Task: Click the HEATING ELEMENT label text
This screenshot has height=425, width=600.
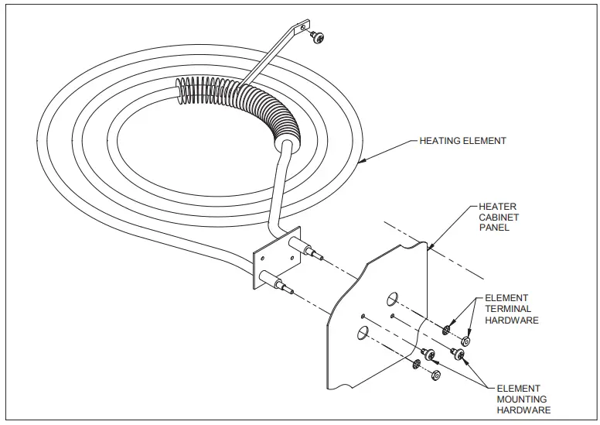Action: pos(462,141)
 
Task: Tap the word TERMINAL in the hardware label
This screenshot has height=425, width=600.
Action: pos(508,309)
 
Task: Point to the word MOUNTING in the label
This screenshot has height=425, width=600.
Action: pos(522,399)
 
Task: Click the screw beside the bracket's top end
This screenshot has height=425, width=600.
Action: pos(316,36)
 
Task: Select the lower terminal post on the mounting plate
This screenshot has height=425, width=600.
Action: pos(276,283)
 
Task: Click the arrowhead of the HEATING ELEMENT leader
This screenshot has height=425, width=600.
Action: pos(362,163)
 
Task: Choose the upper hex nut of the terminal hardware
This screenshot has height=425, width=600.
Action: pos(465,341)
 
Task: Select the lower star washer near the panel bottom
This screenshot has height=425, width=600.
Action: pos(418,365)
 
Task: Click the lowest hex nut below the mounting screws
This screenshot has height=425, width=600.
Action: pos(435,375)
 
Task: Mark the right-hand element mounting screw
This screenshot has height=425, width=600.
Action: pos(459,355)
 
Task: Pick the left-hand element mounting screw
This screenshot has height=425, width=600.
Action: pos(431,353)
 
